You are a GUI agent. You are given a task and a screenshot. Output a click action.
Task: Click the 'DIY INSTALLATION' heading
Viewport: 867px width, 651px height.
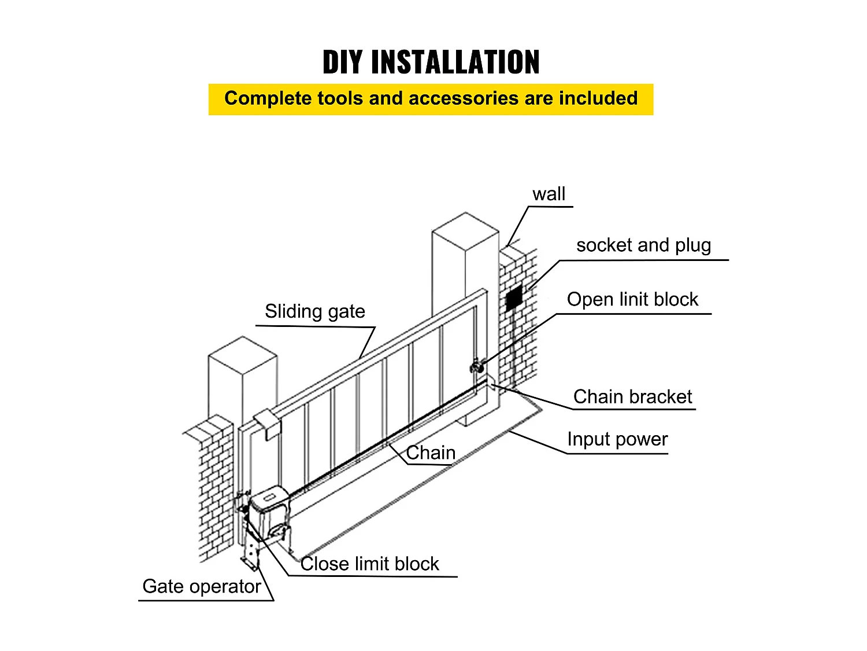[431, 62]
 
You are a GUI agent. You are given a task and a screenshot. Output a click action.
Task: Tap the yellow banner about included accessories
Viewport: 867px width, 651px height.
[431, 99]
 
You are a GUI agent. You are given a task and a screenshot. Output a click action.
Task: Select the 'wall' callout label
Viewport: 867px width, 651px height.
[549, 194]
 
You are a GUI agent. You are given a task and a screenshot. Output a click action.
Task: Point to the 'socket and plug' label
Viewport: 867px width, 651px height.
[643, 245]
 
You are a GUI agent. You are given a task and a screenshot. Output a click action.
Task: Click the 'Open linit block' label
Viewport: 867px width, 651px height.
[632, 300]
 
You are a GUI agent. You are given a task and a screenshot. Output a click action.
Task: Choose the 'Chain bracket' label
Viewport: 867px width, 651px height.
[632, 397]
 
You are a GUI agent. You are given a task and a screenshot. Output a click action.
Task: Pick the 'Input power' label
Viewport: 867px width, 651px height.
[617, 439]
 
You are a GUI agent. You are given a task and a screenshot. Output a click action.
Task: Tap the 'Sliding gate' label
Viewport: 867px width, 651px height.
[315, 311]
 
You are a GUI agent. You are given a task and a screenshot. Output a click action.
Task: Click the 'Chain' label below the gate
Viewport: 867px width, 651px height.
[431, 453]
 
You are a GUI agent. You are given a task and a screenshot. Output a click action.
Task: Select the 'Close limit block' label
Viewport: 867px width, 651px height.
[370, 564]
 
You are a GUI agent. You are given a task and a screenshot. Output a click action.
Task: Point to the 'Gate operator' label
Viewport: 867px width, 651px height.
[202, 586]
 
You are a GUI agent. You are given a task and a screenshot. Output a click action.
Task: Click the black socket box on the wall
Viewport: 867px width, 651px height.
[513, 299]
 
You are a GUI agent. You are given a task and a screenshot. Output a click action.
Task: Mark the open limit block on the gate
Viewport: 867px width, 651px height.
[477, 366]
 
